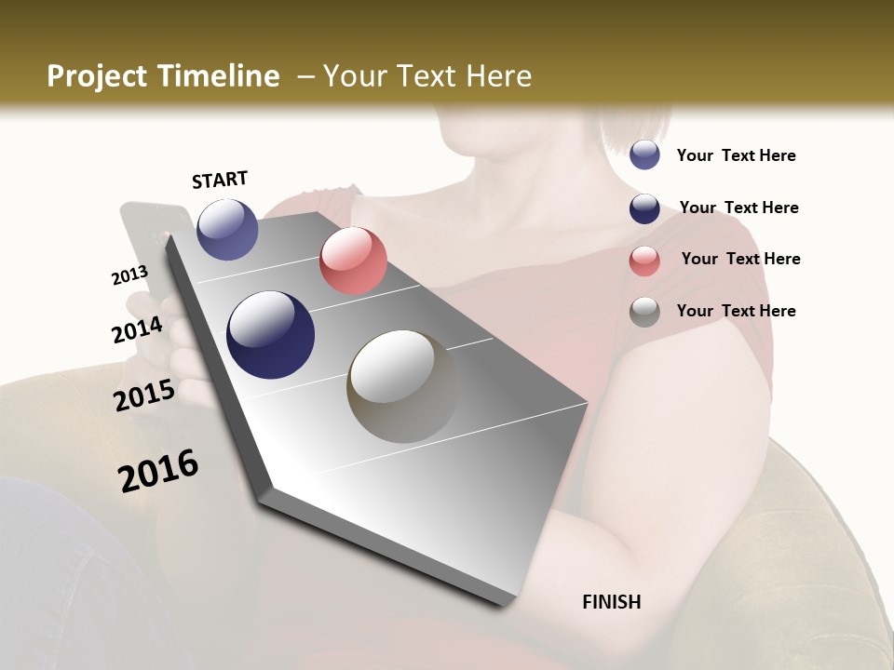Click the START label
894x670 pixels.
tap(220, 180)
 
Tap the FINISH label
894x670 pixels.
tap(611, 602)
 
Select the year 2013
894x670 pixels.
tap(129, 275)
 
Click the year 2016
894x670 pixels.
tap(158, 471)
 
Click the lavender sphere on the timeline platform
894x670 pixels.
tap(227, 229)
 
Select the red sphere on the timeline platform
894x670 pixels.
tap(353, 261)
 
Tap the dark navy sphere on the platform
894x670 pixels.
tap(270, 335)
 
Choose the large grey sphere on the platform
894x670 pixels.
tap(403, 386)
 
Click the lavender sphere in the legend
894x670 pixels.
tap(644, 154)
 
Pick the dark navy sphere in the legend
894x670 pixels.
tap(644, 208)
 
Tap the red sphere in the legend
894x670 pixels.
tap(644, 260)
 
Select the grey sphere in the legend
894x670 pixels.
tap(644, 312)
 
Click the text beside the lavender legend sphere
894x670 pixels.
tap(736, 155)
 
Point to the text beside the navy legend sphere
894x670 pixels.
tap(738, 208)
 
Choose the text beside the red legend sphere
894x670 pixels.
tap(740, 259)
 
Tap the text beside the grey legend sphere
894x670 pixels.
tap(736, 311)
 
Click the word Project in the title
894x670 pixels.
tap(97, 76)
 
